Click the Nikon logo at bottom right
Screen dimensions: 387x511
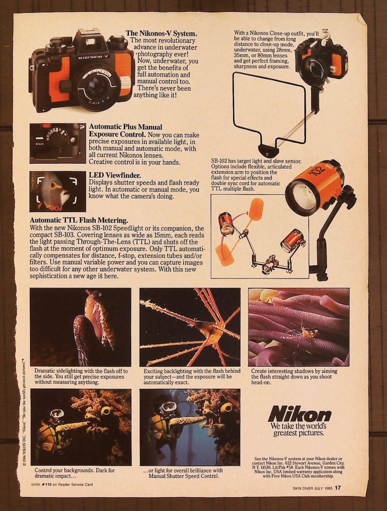(299, 414)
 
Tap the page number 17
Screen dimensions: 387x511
(338, 488)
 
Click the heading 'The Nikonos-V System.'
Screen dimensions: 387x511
(161, 33)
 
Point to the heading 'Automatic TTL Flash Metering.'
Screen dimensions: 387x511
(79, 221)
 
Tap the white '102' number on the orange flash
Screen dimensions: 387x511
(319, 170)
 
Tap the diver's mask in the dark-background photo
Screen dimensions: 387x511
(57, 415)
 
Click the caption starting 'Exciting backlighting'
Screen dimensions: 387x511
(192, 376)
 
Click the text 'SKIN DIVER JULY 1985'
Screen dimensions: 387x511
(312, 488)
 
